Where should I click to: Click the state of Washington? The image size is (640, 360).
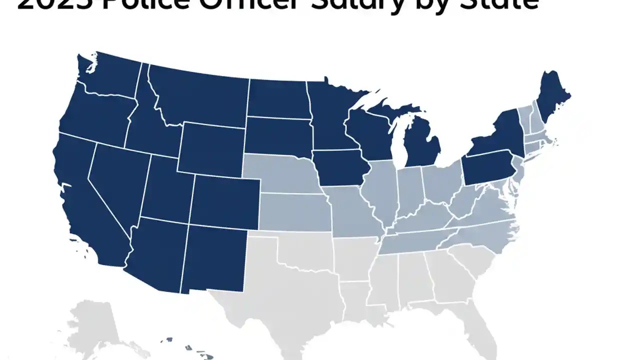click(x=110, y=75)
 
